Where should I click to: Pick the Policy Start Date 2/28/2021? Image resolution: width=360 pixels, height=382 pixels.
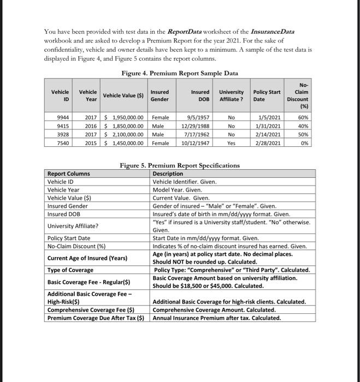(268, 143)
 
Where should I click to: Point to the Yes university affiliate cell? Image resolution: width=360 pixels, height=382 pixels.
(231, 143)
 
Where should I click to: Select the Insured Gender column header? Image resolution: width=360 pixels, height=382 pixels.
(160, 96)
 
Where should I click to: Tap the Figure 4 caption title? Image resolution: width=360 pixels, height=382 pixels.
(180, 74)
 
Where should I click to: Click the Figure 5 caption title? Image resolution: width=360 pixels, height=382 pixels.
(180, 165)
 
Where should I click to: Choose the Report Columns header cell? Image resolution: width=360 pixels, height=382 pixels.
(69, 174)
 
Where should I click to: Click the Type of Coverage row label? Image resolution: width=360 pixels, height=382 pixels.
(70, 270)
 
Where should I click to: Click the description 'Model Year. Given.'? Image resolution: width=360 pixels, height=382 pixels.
(178, 190)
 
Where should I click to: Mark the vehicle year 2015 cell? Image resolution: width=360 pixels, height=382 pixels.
(91, 143)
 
